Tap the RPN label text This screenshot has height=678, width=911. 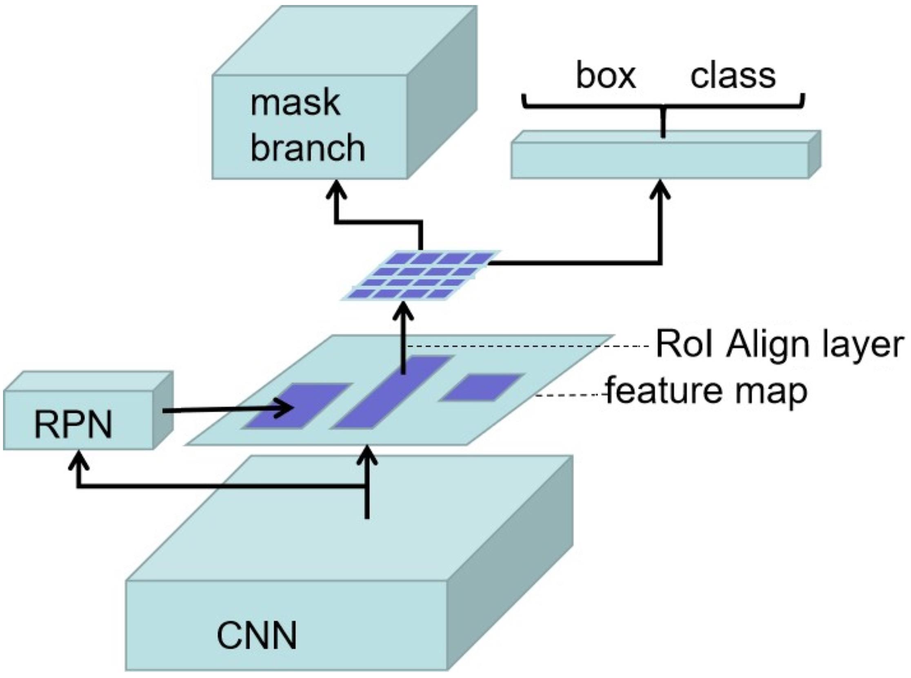point(73,425)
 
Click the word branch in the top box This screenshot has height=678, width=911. point(307,148)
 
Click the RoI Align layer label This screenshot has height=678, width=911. point(780,345)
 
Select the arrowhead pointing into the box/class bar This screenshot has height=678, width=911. point(660,190)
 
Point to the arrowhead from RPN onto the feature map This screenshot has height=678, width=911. point(285,409)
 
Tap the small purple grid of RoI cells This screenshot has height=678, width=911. point(421,275)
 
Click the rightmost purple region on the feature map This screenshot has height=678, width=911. point(482,387)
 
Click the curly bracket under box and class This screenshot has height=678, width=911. point(663,106)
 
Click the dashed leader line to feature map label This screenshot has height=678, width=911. point(571,395)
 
